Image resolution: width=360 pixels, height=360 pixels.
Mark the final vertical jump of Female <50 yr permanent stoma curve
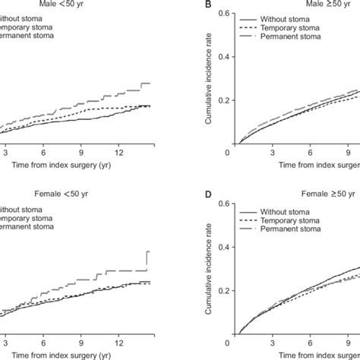click(147, 261)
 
